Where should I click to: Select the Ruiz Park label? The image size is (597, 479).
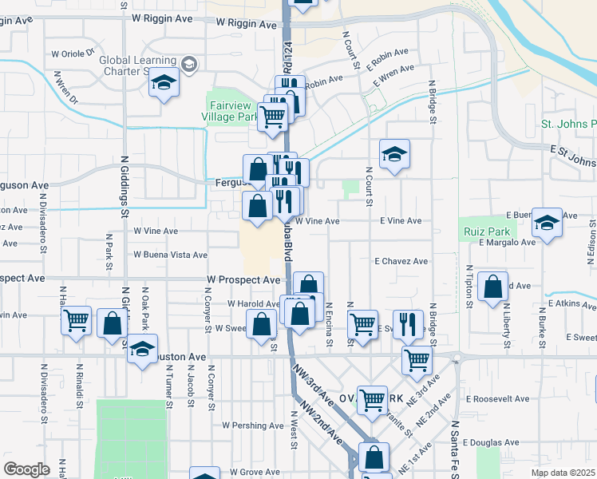click(480, 232)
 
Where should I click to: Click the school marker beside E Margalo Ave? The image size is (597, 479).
click(547, 223)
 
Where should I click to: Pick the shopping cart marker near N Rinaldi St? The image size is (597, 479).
click(77, 322)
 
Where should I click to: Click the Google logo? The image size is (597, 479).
click(26, 469)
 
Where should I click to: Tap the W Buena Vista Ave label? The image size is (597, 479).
click(170, 255)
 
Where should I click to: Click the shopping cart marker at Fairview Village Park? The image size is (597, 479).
click(273, 117)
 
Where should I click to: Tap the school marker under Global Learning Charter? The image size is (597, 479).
click(164, 83)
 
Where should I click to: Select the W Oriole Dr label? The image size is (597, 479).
click(78, 54)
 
